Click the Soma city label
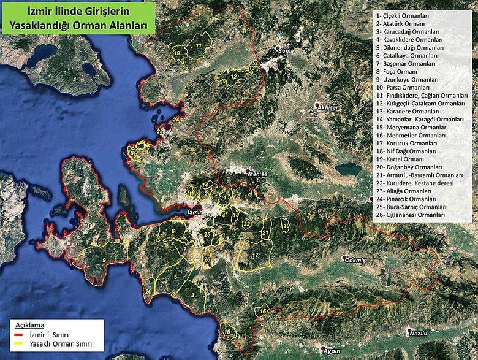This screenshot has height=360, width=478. tap(286, 50)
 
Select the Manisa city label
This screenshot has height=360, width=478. tap(257, 174)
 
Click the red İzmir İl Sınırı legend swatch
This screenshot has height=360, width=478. tap(19, 337)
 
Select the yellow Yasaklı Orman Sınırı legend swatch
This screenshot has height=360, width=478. tap(19, 345)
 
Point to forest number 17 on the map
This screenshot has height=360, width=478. tap(254, 254)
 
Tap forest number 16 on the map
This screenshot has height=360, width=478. tap(263, 312)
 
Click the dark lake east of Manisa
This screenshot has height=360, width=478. tap(347, 168)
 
